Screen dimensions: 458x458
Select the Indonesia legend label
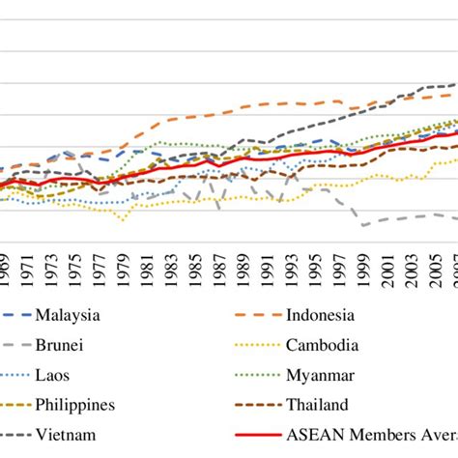coord(320,314)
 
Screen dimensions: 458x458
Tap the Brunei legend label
coord(60,344)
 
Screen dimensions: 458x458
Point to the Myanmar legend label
coord(321,374)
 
